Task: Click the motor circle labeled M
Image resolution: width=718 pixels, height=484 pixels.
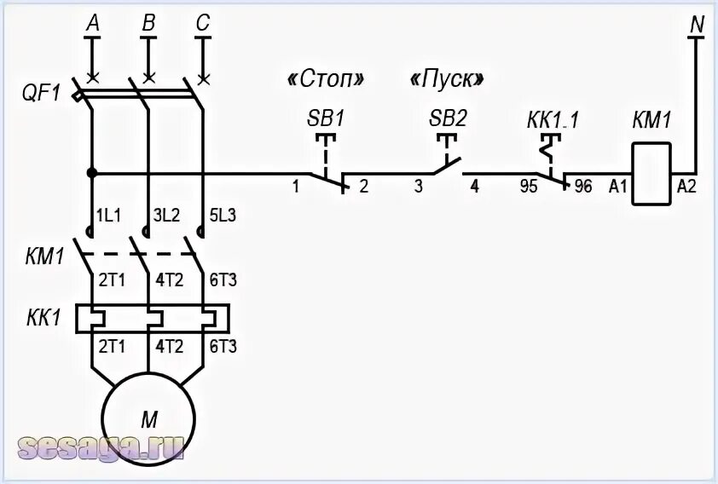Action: [x=149, y=418]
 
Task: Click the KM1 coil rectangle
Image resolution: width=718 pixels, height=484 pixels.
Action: [x=651, y=174]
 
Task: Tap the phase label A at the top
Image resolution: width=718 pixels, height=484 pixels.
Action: [x=93, y=25]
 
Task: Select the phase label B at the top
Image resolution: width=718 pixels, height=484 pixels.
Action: [x=148, y=25]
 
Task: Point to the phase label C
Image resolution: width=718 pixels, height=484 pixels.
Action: [x=202, y=25]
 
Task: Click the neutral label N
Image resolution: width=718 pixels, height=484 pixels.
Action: [x=697, y=25]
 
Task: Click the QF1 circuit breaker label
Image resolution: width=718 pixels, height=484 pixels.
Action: [x=40, y=93]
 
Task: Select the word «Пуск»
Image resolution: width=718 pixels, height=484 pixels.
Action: [x=447, y=79]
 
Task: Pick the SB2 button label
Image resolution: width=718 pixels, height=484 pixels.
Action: [x=448, y=118]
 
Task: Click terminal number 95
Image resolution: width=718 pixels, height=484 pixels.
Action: [x=529, y=187]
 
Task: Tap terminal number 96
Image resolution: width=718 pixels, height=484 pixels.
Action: [x=583, y=187]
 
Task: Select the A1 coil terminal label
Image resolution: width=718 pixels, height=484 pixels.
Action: [x=618, y=187]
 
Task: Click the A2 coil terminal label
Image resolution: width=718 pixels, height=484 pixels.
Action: [x=686, y=187]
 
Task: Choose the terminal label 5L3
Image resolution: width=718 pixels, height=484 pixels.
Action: [x=222, y=216]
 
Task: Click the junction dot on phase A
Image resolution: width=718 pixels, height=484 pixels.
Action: [x=92, y=173]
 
